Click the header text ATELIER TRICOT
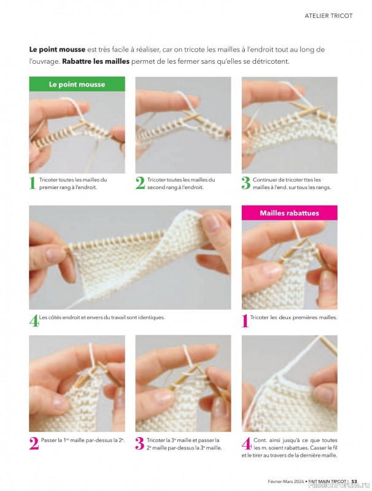pyautogui.click(x=328, y=16)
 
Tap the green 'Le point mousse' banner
pyautogui.click(x=77, y=84)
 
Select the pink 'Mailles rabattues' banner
pyautogui.click(x=289, y=213)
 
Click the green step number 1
pyautogui.click(x=33, y=183)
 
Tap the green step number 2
pyautogui.click(x=140, y=183)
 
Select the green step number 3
pyautogui.click(x=246, y=183)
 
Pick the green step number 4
pyautogui.click(x=33, y=320)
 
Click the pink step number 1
pyautogui.click(x=246, y=320)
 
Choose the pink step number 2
pyautogui.click(x=34, y=443)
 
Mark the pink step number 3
pyautogui.click(x=140, y=443)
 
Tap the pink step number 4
pyautogui.click(x=246, y=443)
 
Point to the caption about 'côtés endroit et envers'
pyautogui.click(x=102, y=317)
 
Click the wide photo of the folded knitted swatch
pyautogui.click(x=130, y=257)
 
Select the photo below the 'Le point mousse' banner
pyautogui.click(x=77, y=132)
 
